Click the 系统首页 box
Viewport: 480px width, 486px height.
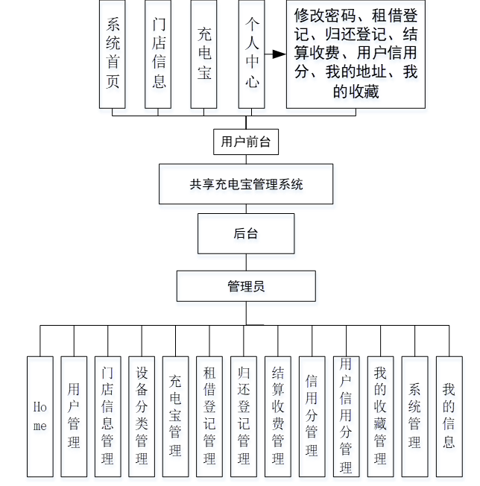pyautogui.click(x=113, y=54)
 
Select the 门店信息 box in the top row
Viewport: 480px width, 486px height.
pyautogui.click(x=159, y=54)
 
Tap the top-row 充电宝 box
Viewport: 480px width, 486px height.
pyautogui.click(x=204, y=54)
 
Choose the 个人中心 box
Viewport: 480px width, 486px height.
pyautogui.click(x=252, y=54)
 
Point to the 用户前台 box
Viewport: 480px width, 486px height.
pyautogui.click(x=245, y=142)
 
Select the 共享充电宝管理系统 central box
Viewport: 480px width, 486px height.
pyautogui.click(x=246, y=184)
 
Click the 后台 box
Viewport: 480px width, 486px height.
pyautogui.click(x=245, y=233)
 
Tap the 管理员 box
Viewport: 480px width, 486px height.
pyautogui.click(x=245, y=285)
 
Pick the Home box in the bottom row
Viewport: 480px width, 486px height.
pyautogui.click(x=40, y=416)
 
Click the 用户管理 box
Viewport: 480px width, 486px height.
pyautogui.click(x=74, y=416)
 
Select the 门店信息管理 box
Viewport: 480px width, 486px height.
pyautogui.click(x=108, y=416)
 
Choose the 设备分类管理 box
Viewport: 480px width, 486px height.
pyautogui.click(x=142, y=416)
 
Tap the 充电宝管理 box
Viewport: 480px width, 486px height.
pyautogui.click(x=176, y=416)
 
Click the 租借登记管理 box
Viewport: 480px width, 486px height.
pyautogui.click(x=210, y=416)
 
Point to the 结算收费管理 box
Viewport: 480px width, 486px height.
pyautogui.click(x=278, y=416)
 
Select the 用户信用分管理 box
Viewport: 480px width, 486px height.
pyautogui.click(x=346, y=416)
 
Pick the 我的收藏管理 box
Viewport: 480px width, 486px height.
pyautogui.click(x=380, y=416)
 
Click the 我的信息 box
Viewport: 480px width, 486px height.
pyautogui.click(x=448, y=416)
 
